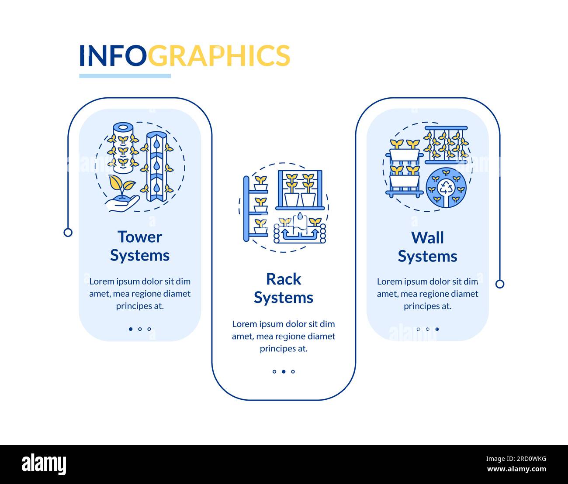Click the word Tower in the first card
(x=139, y=237)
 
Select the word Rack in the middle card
(x=284, y=279)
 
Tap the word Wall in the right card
(x=427, y=238)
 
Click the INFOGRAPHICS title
(x=184, y=55)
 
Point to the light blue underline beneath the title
(x=125, y=76)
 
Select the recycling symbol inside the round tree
(x=446, y=188)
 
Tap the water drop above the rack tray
(x=301, y=216)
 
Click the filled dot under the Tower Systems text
(x=131, y=329)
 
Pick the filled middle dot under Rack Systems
(x=284, y=372)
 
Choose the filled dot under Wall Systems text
(x=437, y=329)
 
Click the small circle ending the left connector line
(x=68, y=232)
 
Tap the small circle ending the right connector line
(x=500, y=284)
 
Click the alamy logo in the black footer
(x=44, y=464)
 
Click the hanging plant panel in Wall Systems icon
(x=446, y=144)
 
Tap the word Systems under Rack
(x=284, y=298)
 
